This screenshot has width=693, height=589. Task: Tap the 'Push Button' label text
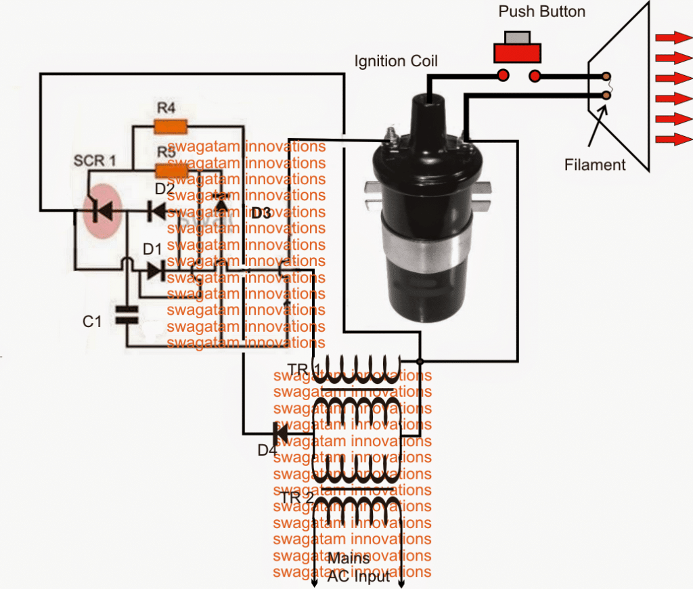coord(541,12)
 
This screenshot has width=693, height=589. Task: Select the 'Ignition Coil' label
coord(396,62)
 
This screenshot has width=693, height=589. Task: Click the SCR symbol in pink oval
coord(102,211)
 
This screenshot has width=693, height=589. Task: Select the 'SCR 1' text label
coord(94,161)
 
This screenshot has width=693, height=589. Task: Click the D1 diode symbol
coord(156,271)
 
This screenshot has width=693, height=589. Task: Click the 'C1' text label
coord(92,322)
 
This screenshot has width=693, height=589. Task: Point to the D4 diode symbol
coord(280,431)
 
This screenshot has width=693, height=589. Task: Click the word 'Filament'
coord(595,165)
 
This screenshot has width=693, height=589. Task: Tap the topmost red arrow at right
coord(671,38)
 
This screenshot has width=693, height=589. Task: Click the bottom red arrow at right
coord(671,139)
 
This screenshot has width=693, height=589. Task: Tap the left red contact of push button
coord(504,74)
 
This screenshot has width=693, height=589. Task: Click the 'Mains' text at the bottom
coord(348,559)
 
